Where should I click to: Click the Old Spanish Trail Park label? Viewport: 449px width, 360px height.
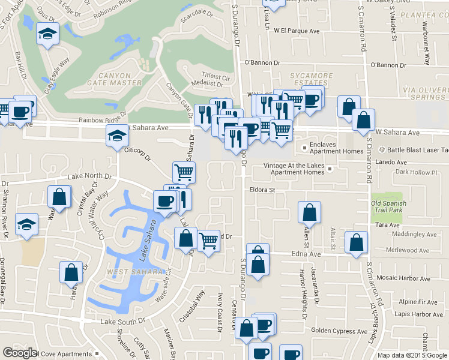click(x=389, y=207)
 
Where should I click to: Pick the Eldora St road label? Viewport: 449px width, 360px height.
click(x=262, y=190)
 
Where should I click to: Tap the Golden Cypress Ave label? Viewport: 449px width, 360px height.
click(x=339, y=331)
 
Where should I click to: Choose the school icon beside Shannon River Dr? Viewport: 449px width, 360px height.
click(x=27, y=224)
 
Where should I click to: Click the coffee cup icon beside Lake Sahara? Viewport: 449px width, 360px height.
click(x=164, y=201)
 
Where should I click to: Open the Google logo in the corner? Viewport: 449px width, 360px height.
click(x=20, y=353)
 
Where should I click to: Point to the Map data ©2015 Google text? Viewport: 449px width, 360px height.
click(x=412, y=355)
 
